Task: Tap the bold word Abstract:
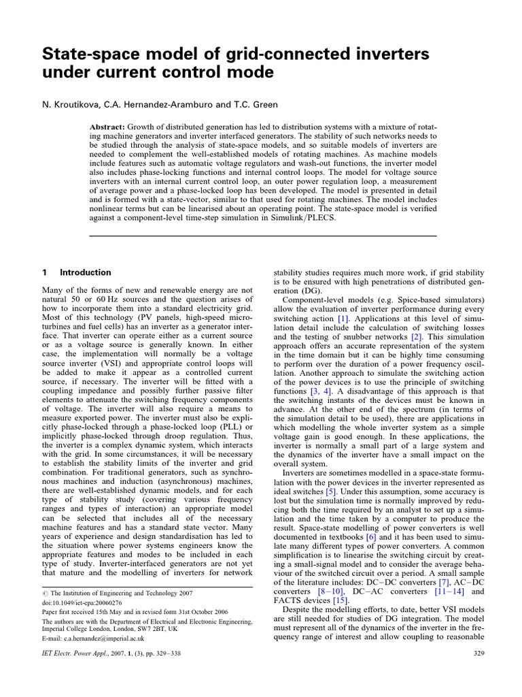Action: click(111, 128)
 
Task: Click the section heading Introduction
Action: click(86, 272)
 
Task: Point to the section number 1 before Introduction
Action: click(45, 272)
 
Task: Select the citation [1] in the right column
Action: click(343, 319)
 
